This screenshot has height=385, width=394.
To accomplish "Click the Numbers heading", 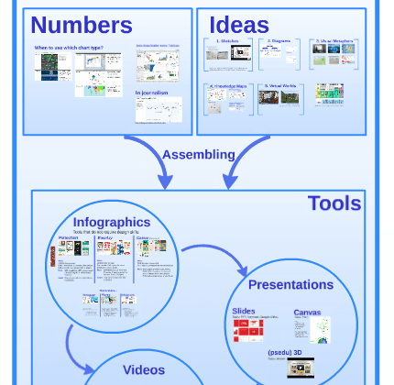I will (82, 25).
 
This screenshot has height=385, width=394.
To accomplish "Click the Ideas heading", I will (239, 25).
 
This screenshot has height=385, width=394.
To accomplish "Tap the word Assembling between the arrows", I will (199, 154).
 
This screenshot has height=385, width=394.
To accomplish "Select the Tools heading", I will (334, 203).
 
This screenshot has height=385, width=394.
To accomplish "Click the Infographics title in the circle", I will (112, 222).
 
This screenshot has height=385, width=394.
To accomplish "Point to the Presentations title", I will (290, 284).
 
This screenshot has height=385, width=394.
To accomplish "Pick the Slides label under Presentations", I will (244, 312).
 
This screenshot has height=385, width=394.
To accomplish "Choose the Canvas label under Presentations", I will (307, 313).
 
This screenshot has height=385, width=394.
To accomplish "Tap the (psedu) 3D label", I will (288, 352).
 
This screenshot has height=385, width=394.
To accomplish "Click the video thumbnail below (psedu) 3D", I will (301, 368).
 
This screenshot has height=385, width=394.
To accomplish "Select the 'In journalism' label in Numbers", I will (152, 93).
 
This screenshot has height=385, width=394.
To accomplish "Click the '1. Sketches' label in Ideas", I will (227, 41).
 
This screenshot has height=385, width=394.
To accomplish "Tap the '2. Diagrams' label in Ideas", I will (279, 41).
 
